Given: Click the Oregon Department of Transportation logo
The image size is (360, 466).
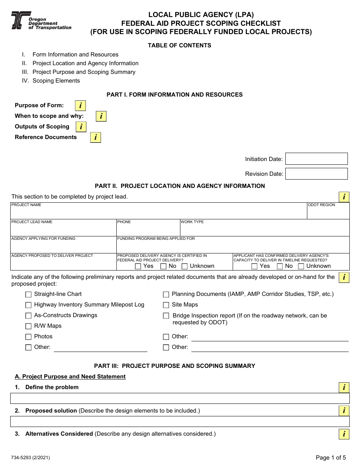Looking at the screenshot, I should (41, 20).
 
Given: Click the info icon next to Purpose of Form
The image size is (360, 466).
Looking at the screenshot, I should (80, 106).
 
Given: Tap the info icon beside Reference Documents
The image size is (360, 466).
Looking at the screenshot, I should (95, 138).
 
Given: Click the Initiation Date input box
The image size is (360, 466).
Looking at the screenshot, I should (316, 159).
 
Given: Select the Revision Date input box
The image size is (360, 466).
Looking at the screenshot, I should (316, 174).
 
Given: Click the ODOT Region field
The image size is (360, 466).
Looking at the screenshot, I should (328, 211).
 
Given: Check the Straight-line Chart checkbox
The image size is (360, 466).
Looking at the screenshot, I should (28, 294).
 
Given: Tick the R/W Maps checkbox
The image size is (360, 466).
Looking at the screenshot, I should (28, 326).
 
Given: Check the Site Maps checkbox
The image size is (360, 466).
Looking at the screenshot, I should (166, 305).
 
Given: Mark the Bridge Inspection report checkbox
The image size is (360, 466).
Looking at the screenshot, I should (166, 316).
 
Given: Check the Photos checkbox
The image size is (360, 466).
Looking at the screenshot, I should (28, 337).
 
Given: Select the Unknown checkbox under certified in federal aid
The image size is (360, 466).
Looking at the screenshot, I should (185, 266).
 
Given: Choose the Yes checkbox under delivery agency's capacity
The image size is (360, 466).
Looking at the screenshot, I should (254, 266).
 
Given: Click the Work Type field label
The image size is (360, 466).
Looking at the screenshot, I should (192, 222).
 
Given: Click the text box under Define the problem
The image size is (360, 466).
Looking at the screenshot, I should (180, 398).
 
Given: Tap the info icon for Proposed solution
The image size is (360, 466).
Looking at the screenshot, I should (344, 411).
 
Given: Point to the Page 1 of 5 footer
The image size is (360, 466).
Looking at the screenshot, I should (330, 457).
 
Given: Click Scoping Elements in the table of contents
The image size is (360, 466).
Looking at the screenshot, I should (56, 81).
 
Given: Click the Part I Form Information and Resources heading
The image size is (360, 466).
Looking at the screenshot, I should (174, 95).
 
